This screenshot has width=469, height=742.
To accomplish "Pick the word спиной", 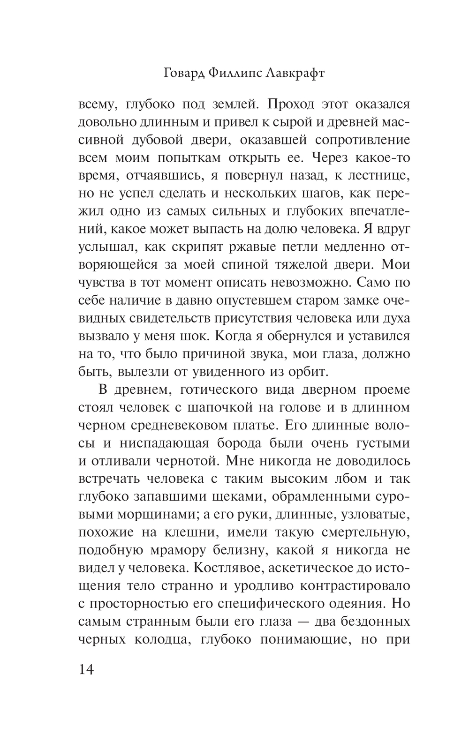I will [x=239, y=264].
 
